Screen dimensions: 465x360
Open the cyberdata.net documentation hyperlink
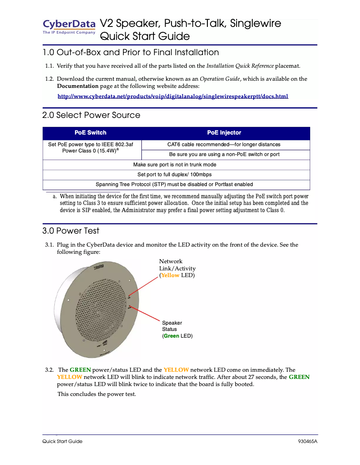click(173, 96)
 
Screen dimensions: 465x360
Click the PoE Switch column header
click(90, 133)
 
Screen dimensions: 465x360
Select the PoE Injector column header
click(224, 133)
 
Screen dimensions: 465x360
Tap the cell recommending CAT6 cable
click(224, 144)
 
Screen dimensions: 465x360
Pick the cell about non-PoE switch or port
click(224, 154)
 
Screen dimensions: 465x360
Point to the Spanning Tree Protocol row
click(175, 184)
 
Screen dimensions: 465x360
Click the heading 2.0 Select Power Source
click(91, 115)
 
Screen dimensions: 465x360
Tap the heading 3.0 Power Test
click(71, 231)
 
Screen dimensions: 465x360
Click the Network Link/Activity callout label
click(177, 268)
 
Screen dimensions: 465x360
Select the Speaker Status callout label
click(177, 329)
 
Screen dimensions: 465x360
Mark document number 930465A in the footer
click(307, 441)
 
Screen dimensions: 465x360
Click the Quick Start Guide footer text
click(62, 441)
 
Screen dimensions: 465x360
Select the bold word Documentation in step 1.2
click(78, 86)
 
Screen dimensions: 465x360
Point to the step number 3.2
click(49, 370)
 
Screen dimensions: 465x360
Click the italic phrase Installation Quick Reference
click(240, 66)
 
